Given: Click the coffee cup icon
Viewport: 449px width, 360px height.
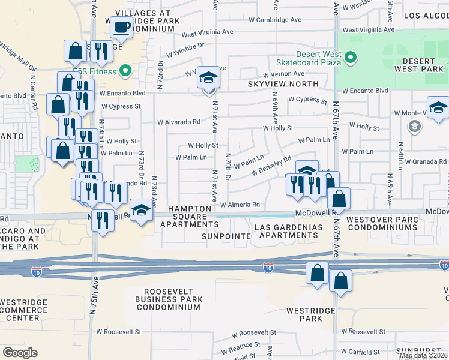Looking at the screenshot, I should (x=122, y=27).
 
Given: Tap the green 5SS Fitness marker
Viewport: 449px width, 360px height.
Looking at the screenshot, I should (x=125, y=71).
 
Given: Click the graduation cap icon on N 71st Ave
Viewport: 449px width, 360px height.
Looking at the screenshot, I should (x=208, y=78).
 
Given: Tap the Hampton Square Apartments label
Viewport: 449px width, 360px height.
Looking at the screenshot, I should (x=188, y=217).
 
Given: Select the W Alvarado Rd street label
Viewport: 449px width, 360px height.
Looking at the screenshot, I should (x=179, y=122).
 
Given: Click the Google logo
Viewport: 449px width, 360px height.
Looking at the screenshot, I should (x=20, y=352).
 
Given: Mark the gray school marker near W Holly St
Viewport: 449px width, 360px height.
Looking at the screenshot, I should (x=414, y=127).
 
